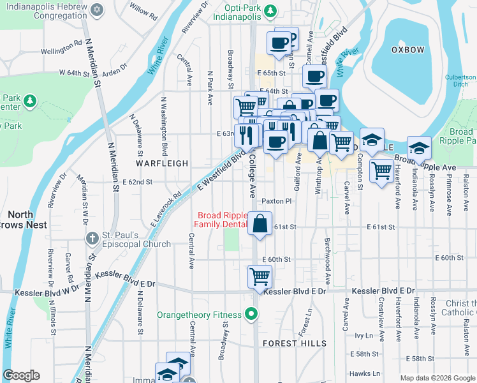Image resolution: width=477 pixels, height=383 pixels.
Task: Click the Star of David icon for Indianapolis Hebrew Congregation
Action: click(97, 10)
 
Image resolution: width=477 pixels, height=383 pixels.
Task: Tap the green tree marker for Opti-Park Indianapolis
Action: click(270, 10)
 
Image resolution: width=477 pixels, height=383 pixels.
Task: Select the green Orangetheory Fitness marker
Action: click(252, 314)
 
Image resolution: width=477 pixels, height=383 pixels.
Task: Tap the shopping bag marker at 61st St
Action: click(260, 223)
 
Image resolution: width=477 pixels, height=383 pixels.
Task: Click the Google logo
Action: click(22, 375)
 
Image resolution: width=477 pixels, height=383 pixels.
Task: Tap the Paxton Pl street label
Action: click(276, 200)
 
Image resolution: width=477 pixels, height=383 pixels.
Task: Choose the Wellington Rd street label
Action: click(62, 50)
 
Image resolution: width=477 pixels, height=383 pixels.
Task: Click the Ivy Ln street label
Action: click(363, 334)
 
